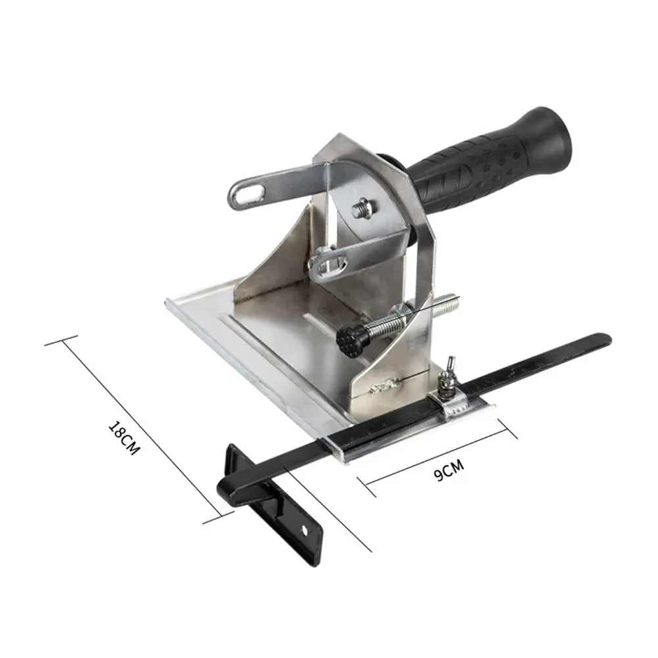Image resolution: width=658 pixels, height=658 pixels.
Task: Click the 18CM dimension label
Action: (x=124, y=437)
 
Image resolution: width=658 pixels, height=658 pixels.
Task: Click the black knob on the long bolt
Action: (x=350, y=341)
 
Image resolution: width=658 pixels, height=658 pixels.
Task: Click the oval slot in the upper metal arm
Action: (x=250, y=195)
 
